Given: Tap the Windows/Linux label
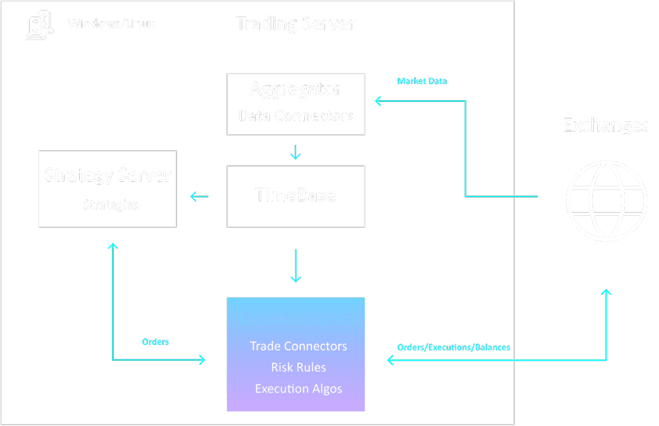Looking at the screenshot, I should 112,25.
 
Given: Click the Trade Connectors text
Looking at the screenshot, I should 298,346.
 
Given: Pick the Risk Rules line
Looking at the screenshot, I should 298,367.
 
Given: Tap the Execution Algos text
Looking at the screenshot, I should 298,388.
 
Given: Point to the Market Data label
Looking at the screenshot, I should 422,81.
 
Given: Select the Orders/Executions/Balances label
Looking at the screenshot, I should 453,347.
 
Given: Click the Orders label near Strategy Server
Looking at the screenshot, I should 155,342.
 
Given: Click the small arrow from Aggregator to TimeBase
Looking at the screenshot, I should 296,153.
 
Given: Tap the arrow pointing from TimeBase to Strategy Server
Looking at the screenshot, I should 199,196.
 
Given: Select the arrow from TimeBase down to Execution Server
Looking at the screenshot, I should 296,266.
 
